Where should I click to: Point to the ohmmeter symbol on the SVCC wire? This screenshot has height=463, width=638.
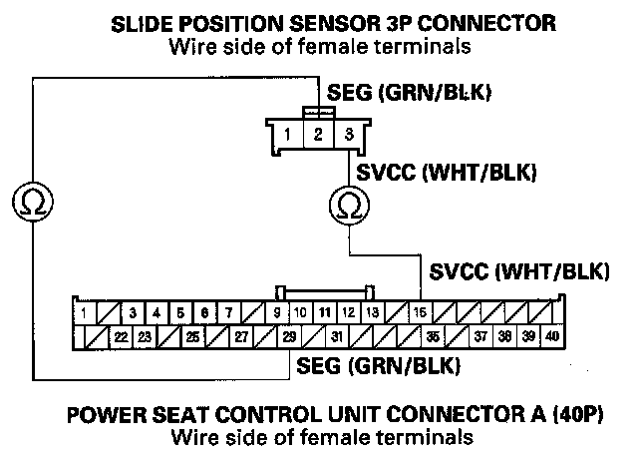point(349,206)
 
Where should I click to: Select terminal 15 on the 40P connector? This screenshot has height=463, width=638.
point(422,313)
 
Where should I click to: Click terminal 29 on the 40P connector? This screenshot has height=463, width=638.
point(289,336)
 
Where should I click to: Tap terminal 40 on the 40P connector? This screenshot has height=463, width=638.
point(553,336)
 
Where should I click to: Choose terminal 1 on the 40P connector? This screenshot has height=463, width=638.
point(84,313)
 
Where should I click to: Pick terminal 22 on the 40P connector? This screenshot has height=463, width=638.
point(122,336)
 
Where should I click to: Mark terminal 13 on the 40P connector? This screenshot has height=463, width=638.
point(372,313)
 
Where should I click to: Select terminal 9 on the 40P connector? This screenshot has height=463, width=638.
point(276,313)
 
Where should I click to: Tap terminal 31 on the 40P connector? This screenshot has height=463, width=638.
point(338,336)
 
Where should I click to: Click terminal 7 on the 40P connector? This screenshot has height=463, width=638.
point(228,313)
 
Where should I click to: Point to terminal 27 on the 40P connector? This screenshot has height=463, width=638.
point(241,336)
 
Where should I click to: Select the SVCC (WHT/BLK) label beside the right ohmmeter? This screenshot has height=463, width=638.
point(448,172)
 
